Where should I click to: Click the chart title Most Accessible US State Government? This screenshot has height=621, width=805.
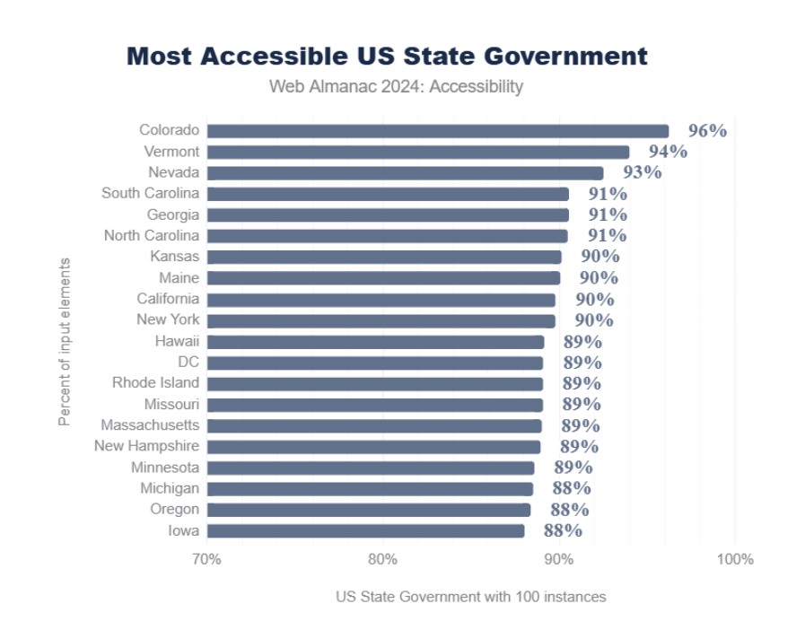coord(387,56)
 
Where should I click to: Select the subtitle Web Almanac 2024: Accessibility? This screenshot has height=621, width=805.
coord(396,87)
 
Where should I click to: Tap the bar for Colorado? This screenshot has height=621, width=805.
coord(437,131)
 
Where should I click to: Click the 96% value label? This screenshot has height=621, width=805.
coord(707,130)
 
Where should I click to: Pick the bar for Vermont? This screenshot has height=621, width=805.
coord(417,152)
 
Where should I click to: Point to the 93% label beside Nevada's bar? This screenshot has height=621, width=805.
coord(642,172)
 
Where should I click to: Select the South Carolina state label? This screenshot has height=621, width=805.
coord(150,194)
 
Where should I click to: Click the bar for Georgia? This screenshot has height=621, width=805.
coord(388,215)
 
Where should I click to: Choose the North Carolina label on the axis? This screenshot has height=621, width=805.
coord(152,236)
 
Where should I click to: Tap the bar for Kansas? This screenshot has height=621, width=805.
coord(384,258)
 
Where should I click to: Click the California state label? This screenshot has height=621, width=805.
coord(168,299)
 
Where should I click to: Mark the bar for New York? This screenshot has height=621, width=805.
coord(381,320)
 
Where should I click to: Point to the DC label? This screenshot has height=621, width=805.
coord(188,363)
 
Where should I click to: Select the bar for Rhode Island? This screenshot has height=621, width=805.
coord(375,383)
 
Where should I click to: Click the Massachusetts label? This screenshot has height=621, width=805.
coord(150,425)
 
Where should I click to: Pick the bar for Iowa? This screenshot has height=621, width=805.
coord(365,531)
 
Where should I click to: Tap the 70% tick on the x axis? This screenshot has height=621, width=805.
coord(206,560)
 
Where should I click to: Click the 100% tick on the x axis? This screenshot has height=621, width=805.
coord(735,560)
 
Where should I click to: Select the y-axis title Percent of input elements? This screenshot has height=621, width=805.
coord(65,341)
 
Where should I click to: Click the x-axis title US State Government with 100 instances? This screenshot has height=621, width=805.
coord(471,597)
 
